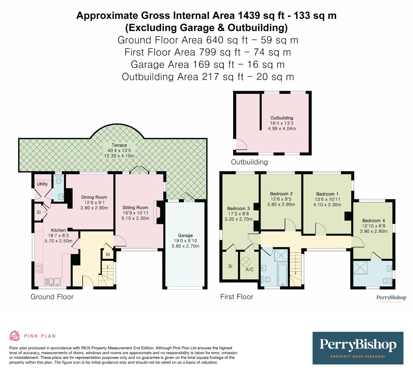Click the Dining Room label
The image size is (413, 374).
(x=94, y=197)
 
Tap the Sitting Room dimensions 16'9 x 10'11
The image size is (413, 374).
(x=135, y=213)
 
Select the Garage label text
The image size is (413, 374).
(x=185, y=235)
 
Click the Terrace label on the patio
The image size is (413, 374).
(x=119, y=145)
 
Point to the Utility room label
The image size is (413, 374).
(x=42, y=184)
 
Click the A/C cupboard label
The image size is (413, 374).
(x=249, y=269)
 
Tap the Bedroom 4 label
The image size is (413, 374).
(x=374, y=221)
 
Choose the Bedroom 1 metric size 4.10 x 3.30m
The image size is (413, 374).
(x=327, y=205)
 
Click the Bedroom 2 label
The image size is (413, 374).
(x=281, y=194)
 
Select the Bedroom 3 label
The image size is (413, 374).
(x=238, y=209)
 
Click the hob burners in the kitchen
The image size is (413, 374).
(x=39, y=268)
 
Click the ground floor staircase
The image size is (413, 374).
(x=106, y=273)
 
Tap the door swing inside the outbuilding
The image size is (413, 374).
(x=241, y=144)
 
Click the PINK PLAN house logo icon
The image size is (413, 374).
(x=14, y=336)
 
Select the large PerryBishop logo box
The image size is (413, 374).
(x=358, y=348)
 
